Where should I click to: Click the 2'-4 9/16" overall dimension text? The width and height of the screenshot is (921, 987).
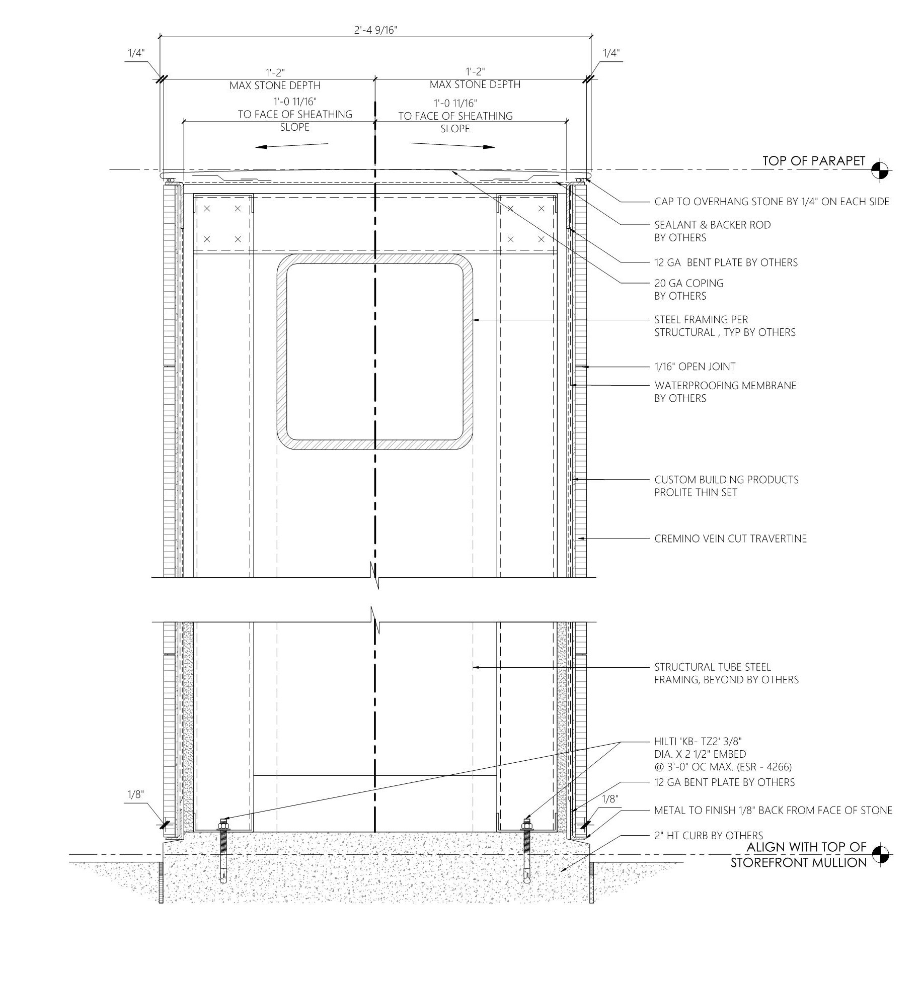[x=375, y=30]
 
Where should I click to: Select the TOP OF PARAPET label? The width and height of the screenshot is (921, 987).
[x=813, y=161]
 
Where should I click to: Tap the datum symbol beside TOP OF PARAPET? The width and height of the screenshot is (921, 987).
[x=880, y=170]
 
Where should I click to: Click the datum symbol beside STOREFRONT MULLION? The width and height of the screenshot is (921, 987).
[x=880, y=854]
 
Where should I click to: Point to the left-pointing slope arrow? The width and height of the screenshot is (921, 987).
[x=292, y=146]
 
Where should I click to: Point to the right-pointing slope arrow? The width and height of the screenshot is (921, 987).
[x=453, y=146]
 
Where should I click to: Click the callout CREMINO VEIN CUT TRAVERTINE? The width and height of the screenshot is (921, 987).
[x=730, y=539]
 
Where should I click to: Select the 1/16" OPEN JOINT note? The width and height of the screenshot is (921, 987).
[x=695, y=367]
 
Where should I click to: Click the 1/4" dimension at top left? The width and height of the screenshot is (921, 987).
[x=135, y=53]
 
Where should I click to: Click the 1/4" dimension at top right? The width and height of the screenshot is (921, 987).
[x=611, y=53]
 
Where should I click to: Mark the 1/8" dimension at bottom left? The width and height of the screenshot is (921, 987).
[x=135, y=794]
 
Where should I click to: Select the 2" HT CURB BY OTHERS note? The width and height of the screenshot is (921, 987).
[x=708, y=836]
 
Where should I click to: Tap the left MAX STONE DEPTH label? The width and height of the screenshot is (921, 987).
[x=275, y=85]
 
